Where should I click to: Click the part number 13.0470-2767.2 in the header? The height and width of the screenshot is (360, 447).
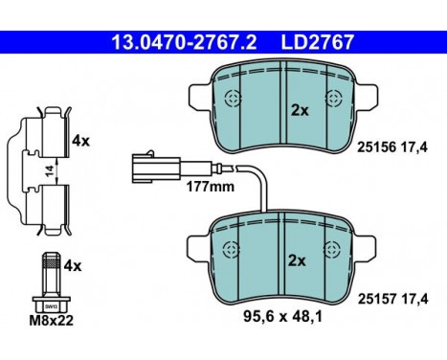184,42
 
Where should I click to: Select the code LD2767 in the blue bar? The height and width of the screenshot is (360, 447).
318,42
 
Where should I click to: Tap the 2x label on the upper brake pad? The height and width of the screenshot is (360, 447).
300,111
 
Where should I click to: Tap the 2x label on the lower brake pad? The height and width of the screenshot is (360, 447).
297,260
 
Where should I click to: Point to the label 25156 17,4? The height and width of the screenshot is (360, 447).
392,147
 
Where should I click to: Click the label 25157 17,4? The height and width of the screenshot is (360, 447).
392,299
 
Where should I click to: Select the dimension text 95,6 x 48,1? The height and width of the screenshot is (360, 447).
282,317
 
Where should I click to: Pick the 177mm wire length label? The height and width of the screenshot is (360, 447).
211,187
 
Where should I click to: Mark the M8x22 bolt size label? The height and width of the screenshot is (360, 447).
51,320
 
